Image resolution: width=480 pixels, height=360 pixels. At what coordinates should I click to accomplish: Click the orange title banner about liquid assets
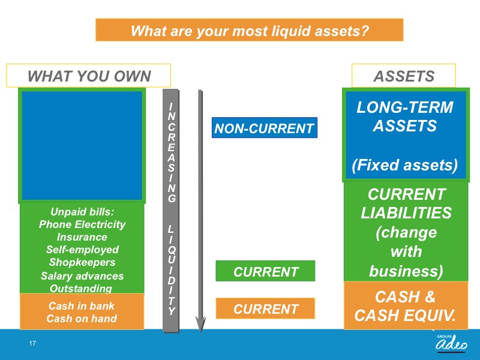pos(249,29)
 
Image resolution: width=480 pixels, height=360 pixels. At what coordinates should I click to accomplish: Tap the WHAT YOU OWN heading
pos(89,76)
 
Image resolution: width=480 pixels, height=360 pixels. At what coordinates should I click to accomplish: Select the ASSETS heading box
pos(403,76)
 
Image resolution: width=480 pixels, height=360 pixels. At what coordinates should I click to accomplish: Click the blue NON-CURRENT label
pos(265,128)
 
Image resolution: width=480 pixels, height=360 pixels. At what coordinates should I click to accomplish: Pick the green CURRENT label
pos(265,271)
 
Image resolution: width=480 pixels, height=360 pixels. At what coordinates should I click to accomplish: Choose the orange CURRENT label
pos(265,308)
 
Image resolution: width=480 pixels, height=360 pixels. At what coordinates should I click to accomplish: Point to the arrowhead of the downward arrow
pos(200,325)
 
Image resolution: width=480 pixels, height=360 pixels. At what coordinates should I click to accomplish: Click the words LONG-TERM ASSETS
pos(404,116)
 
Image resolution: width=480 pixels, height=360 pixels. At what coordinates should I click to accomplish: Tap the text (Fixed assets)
pos(404,166)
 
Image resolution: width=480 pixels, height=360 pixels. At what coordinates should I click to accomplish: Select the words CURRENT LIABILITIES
pos(406,203)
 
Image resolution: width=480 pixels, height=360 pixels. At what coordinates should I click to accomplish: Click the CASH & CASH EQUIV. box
pos(406,305)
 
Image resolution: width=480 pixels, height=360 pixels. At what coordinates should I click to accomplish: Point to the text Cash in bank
pos(82,306)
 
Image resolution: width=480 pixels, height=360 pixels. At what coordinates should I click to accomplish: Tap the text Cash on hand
pos(82,319)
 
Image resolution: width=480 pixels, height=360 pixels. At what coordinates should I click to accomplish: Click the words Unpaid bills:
pos(82,212)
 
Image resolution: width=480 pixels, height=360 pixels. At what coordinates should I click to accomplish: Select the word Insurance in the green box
pos(82,237)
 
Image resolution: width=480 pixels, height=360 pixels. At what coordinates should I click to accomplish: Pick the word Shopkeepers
pos(82,262)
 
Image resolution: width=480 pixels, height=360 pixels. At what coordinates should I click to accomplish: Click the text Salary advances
pos(82,276)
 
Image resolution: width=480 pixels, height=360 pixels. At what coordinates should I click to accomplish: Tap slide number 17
pos(32,343)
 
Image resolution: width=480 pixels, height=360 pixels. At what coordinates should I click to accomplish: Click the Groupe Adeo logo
pos(452,343)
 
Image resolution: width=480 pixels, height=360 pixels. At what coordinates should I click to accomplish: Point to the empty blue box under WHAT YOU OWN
pos(82,145)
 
